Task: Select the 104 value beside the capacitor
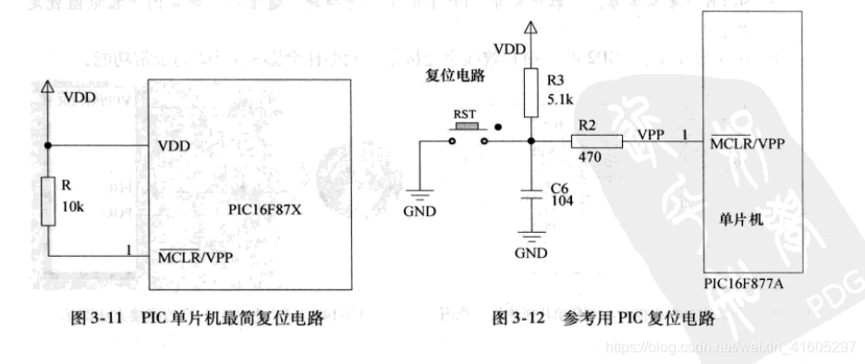coord(560,200)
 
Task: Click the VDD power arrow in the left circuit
coord(48,87)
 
